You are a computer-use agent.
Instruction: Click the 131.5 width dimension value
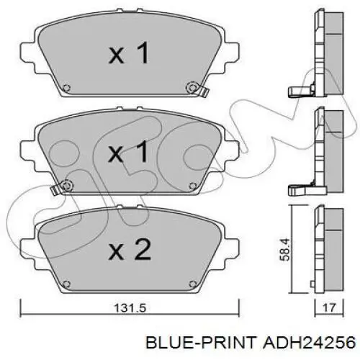(130, 308)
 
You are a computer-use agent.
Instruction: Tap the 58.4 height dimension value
(285, 249)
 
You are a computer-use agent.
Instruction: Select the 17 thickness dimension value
(329, 307)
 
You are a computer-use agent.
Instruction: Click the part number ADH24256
(309, 342)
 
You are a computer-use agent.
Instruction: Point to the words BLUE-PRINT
(201, 342)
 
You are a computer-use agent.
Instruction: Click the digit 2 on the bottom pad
(143, 249)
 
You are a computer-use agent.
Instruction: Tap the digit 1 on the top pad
(143, 53)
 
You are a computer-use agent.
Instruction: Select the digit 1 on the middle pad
(143, 151)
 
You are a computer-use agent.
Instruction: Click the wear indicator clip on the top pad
(204, 91)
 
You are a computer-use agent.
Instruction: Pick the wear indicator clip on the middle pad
(55, 189)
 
